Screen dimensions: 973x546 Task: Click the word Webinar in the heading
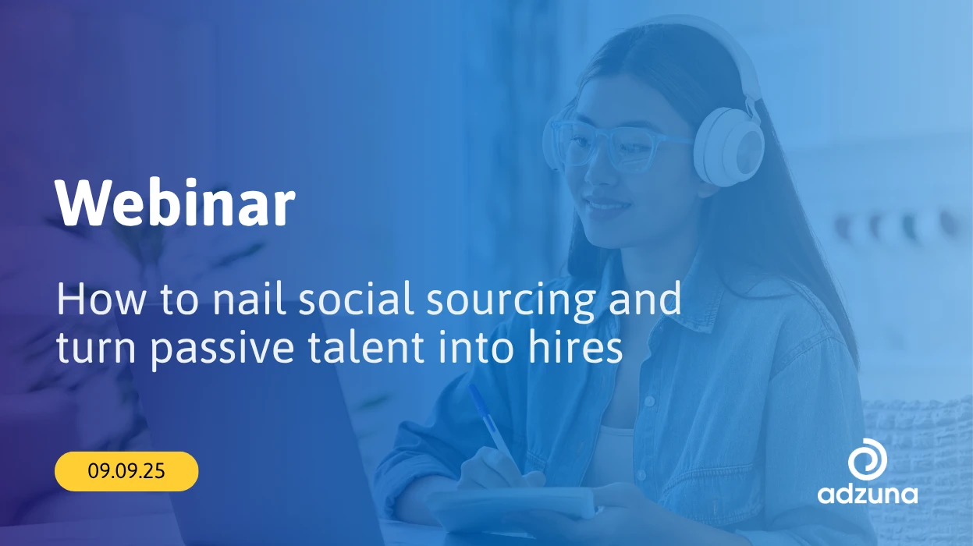[175, 203]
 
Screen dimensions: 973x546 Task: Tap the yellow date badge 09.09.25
[126, 471]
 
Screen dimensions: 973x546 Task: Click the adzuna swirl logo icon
[868, 459]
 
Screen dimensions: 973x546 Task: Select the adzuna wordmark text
[868, 495]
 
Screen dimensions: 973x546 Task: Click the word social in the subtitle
[356, 300]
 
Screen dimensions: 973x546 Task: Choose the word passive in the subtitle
[222, 349]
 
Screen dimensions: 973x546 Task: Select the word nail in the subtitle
[249, 300]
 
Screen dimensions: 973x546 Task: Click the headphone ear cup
[729, 147]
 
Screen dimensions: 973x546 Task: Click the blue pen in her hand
[495, 428]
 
